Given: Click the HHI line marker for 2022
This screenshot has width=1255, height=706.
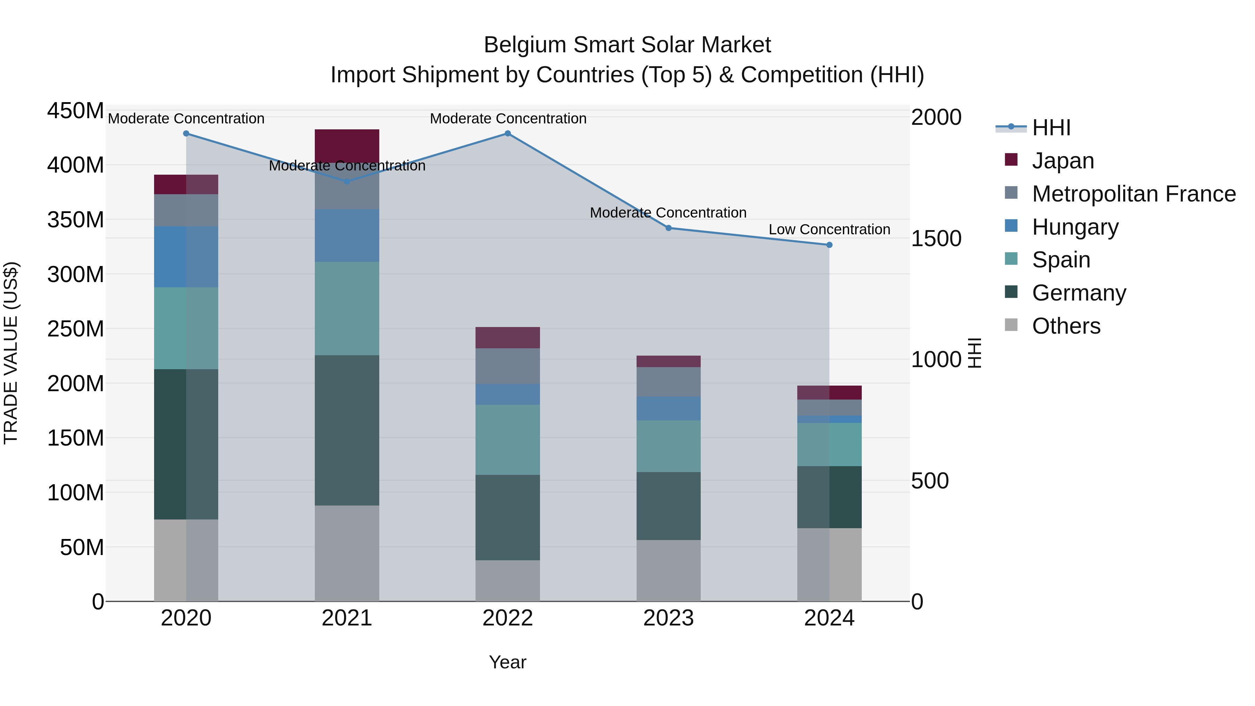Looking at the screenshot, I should (508, 134).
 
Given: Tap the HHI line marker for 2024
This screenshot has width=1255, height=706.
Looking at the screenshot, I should (829, 245).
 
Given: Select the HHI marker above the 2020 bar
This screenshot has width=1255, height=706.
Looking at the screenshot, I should (186, 134).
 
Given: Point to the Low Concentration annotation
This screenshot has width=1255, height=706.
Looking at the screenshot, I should (829, 229).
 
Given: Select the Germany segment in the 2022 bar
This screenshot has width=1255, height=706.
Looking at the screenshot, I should (508, 517).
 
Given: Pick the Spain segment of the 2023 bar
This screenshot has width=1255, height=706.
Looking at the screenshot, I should (668, 446).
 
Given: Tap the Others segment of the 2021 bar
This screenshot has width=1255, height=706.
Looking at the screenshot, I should (347, 553).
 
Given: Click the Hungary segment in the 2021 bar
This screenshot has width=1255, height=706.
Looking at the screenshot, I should (347, 236).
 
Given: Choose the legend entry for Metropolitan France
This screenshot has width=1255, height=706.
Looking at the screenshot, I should (1134, 194).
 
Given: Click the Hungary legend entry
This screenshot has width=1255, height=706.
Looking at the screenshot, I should (1075, 227).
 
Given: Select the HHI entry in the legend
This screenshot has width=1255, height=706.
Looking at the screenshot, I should (1051, 128).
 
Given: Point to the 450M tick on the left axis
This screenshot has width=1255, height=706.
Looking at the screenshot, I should (76, 111).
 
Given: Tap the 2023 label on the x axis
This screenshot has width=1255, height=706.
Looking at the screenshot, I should (668, 618).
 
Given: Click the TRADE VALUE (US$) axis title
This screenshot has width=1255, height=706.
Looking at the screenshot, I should (11, 353).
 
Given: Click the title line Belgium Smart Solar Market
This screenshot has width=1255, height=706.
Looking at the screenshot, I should (627, 45).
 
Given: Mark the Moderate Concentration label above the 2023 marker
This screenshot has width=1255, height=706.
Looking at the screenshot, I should (668, 213).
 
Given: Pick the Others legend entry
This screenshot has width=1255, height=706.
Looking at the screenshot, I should (1066, 326).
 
